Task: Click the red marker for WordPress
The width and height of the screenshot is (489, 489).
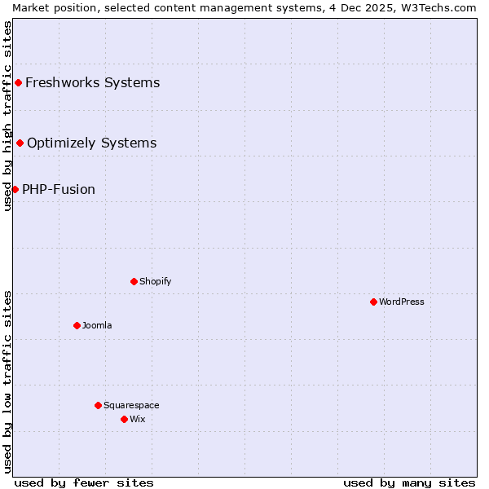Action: point(373,302)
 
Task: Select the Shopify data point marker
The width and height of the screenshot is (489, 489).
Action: point(134,281)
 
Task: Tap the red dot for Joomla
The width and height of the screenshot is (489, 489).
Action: point(77,325)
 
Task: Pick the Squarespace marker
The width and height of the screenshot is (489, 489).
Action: point(98,405)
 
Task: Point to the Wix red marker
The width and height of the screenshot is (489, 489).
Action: point(124,419)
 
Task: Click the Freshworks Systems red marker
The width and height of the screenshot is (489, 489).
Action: point(18,82)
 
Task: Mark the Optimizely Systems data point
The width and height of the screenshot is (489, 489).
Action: point(20,143)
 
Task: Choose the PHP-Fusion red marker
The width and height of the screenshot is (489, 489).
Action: point(15,189)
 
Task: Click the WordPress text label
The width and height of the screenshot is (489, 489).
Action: point(402,302)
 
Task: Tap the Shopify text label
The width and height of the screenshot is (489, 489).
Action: point(155,281)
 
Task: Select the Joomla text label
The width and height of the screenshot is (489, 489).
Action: point(97,325)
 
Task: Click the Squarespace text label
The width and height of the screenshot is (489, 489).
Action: point(131,405)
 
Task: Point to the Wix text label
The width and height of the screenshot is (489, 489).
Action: point(137,419)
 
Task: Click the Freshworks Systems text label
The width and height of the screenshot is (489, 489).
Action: point(93,82)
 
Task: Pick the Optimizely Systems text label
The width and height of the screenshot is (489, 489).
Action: point(92,143)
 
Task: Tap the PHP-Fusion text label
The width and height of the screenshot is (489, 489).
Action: point(59,189)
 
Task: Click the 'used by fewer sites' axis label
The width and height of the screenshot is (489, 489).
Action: point(84,482)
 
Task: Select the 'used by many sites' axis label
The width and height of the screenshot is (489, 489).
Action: point(409,482)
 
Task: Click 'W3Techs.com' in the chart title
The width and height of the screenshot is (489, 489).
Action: point(443,7)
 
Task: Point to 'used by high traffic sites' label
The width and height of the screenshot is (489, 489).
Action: point(7,116)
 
